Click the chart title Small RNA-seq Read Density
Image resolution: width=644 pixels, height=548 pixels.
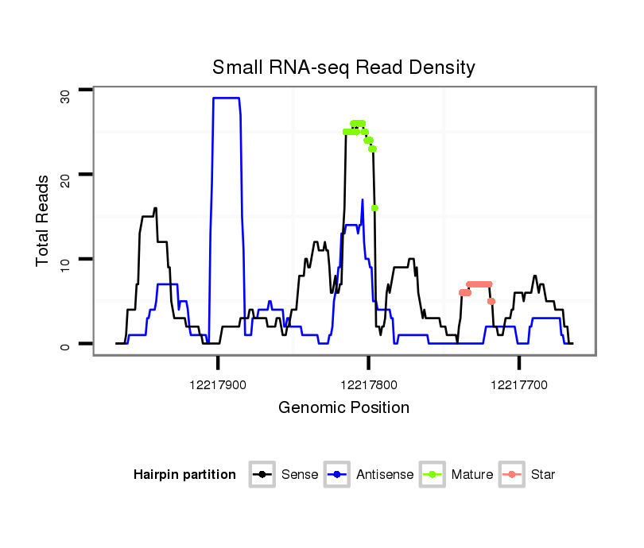343,68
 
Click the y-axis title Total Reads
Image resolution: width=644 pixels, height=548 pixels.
44,220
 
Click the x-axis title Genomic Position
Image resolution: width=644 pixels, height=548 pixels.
343,408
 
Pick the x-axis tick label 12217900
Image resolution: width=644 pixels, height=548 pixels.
218,384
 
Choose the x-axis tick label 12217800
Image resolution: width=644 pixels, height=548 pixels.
368,384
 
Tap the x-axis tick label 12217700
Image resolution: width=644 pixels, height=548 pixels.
519,384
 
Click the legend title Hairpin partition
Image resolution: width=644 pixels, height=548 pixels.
184,475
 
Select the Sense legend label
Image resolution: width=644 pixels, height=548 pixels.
300,475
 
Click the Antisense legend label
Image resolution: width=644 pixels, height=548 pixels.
385,475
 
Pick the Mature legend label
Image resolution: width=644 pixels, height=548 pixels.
472,475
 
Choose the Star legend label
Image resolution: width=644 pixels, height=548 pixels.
543,475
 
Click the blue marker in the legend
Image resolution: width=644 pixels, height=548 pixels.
339,475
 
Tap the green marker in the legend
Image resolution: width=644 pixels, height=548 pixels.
434,475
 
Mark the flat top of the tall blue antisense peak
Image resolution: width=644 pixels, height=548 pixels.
226,98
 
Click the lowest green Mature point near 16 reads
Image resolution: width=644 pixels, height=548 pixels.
374,208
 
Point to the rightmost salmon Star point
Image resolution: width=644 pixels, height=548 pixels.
491,301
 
